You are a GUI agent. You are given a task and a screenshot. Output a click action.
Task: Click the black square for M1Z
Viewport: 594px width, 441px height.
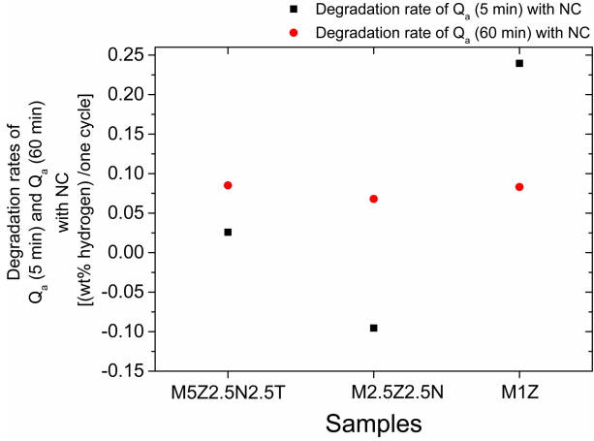coord(519,63)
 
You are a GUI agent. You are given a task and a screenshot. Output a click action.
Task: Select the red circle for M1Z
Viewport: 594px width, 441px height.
coord(519,187)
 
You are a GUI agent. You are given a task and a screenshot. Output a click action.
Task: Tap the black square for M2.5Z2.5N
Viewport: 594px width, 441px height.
coord(374,328)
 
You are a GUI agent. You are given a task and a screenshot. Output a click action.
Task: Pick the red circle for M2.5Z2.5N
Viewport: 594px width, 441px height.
coord(374,199)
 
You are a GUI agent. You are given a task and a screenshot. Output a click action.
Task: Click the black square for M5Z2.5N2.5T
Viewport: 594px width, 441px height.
coord(228,232)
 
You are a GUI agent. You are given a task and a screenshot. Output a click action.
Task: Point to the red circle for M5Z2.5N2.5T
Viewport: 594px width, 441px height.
coord(228,185)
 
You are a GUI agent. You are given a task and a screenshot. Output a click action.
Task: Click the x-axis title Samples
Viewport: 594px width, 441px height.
coord(373,423)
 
